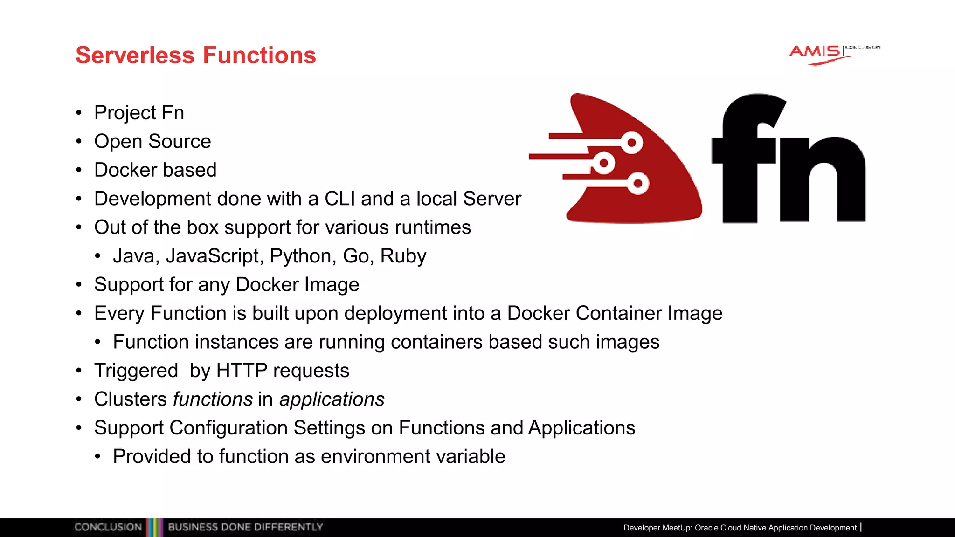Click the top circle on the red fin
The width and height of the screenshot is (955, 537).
coord(632,142)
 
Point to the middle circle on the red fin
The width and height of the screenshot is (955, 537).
coord(604,163)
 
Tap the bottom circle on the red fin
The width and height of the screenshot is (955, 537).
coord(638,183)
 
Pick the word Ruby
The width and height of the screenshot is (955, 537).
coord(403,256)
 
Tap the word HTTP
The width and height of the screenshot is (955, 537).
coord(241,371)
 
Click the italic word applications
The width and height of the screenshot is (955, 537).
coord(332,399)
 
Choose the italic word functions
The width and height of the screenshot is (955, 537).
coord(213,399)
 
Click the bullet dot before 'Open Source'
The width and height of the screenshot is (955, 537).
coord(79,142)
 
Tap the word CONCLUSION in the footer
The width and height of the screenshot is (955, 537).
coord(108,527)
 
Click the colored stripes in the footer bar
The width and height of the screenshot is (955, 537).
coord(154,527)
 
